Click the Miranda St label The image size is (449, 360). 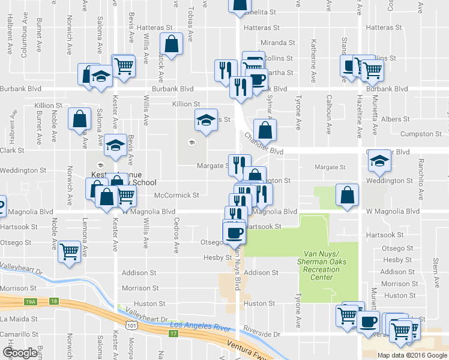(x=277, y=43)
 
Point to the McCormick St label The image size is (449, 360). (x=176, y=195)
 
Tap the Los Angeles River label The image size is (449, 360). (x=206, y=326)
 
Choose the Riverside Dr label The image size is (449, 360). (x=262, y=333)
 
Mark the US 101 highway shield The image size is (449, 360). (x=130, y=325)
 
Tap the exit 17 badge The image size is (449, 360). (x=174, y=332)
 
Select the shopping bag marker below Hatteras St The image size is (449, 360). (x=171, y=44)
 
